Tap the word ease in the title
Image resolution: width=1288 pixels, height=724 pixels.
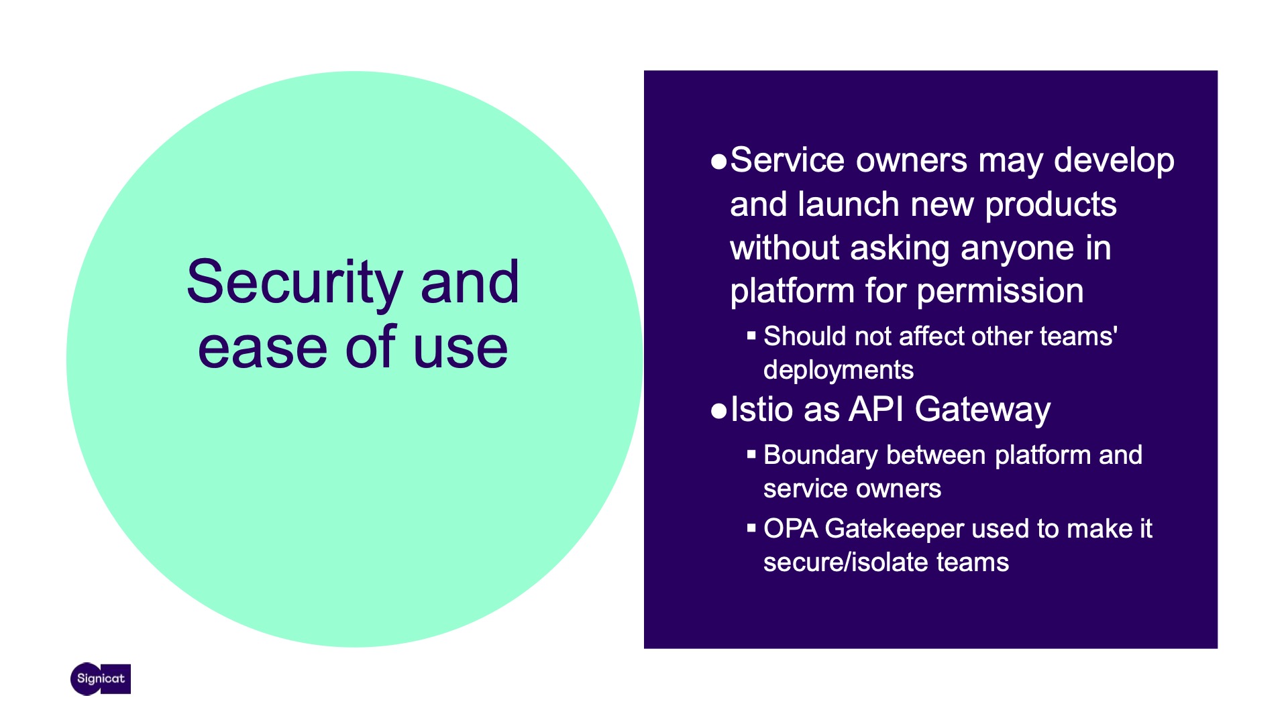click(x=263, y=348)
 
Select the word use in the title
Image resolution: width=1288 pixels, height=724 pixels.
click(x=461, y=349)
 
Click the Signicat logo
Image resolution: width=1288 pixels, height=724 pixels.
click(x=101, y=679)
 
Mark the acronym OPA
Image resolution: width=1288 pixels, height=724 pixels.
click(x=791, y=529)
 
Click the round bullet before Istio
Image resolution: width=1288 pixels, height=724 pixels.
click(x=718, y=411)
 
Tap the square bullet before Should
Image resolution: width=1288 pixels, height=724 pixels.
click(x=751, y=335)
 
